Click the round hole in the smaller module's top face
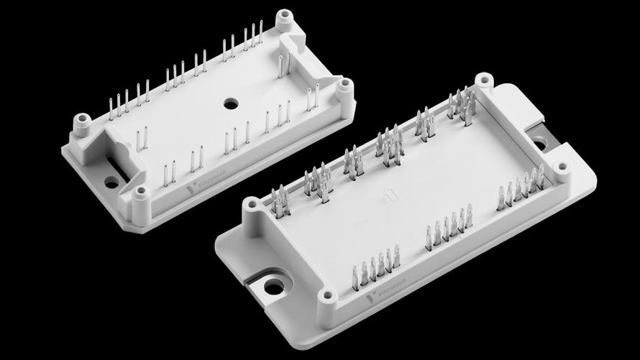click(231, 104)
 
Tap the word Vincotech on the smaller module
click(212, 180)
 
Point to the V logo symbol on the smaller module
click(191, 190)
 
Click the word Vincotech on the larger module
click(391, 287)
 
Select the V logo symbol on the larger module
click(370, 298)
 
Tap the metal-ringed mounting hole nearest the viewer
click(274, 287)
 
